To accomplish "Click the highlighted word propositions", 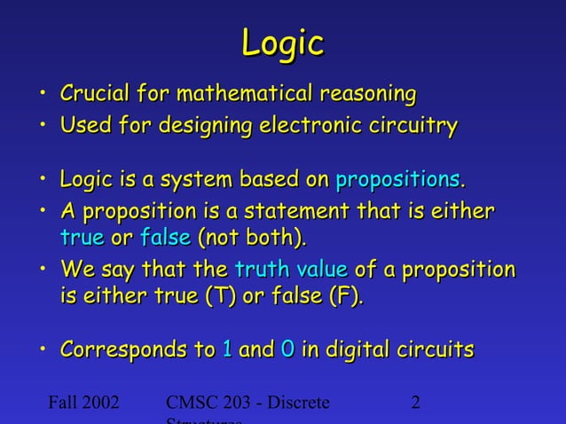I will click(x=397, y=181).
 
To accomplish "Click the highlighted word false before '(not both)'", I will click(x=165, y=238).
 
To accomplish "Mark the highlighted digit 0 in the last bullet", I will click(x=287, y=350).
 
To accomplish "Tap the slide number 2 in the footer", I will click(x=416, y=404).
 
